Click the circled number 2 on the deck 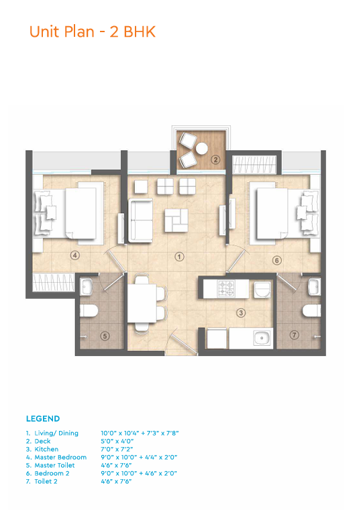(x=215, y=160)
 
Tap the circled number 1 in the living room (x=179, y=257)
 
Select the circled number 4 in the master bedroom (x=75, y=255)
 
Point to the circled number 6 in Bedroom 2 (x=277, y=260)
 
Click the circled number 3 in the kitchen (x=241, y=313)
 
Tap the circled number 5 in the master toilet (x=105, y=336)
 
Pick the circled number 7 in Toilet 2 (x=295, y=334)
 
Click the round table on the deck (x=201, y=149)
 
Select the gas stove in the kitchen (x=226, y=288)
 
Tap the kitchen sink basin (x=262, y=338)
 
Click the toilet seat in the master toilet (x=89, y=311)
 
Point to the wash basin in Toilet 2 (x=314, y=287)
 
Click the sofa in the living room (x=140, y=220)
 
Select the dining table (x=142, y=303)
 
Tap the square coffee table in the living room (x=176, y=220)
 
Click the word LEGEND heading (x=43, y=419)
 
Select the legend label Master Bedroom (x=60, y=457)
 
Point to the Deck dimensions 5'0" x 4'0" (x=117, y=441)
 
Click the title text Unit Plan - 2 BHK (x=93, y=32)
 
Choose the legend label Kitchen (x=46, y=449)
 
